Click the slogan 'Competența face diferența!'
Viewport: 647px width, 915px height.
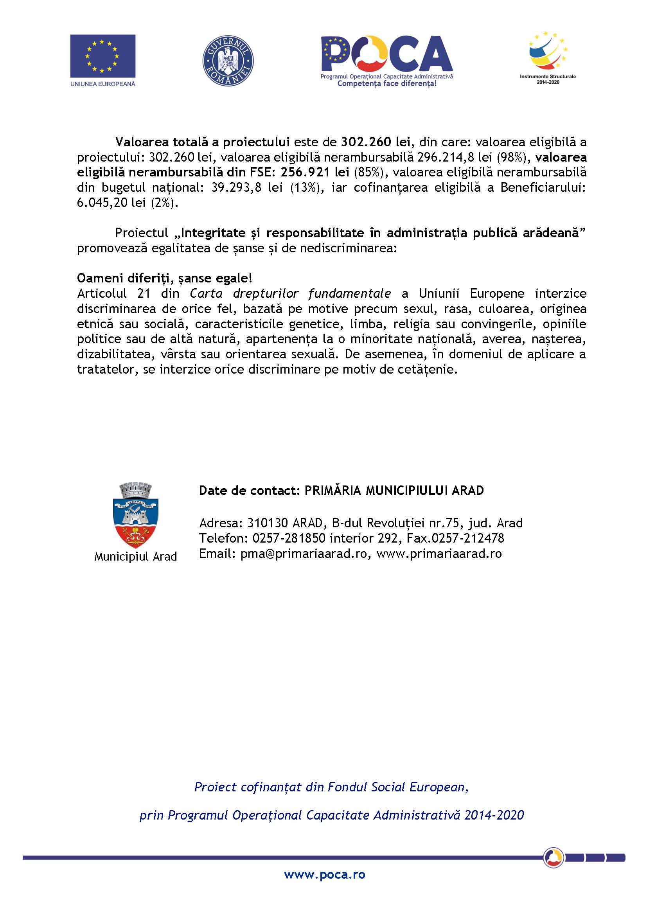(x=387, y=84)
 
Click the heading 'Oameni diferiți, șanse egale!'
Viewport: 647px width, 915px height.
(x=165, y=278)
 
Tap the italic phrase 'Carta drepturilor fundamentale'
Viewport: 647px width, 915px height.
(x=290, y=293)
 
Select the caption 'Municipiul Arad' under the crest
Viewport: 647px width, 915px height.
(x=135, y=556)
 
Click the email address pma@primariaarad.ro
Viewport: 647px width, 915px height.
(x=303, y=554)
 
